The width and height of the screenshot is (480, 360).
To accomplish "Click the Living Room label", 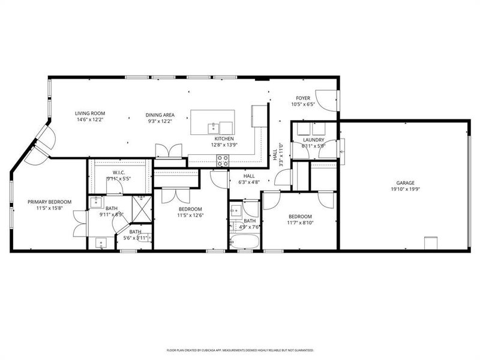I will (90, 114).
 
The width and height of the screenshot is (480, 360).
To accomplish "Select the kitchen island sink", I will (212, 127).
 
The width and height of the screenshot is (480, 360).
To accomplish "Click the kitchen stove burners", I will (223, 161).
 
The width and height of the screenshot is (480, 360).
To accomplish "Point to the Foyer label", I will (303, 97).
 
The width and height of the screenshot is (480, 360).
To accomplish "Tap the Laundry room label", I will (313, 139).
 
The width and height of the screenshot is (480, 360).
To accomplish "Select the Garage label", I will (405, 183).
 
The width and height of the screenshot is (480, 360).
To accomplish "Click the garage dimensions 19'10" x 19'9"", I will (405, 190).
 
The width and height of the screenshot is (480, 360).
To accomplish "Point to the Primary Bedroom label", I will (49, 202).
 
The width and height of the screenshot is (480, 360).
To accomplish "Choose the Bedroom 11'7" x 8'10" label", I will (300, 216).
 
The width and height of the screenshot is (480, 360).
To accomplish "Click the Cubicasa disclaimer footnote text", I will (240, 350).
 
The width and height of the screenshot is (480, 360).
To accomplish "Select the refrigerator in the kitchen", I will (259, 115).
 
